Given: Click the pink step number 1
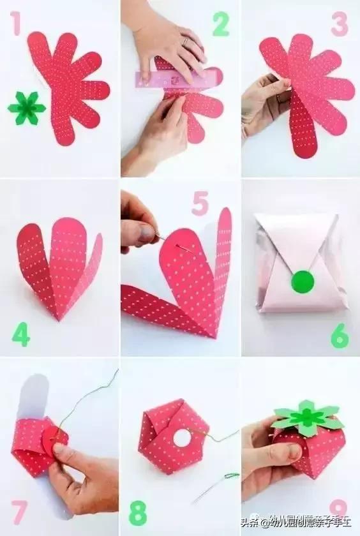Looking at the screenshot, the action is click(15, 23).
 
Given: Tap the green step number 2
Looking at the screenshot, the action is click(220, 24).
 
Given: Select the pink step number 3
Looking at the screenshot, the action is click(340, 24).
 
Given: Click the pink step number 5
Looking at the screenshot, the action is click(200, 203).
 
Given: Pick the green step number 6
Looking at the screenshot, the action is click(340, 336).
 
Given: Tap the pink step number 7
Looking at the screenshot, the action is click(19, 512).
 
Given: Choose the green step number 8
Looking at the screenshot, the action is click(138, 513).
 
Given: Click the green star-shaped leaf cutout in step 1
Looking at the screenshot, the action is click(27, 108).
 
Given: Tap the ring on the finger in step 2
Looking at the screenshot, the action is click(185, 41).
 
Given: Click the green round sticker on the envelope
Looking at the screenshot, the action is click(303, 281).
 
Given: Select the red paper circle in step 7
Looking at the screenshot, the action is click(54, 436).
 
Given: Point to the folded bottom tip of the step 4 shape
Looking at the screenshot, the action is click(59, 318).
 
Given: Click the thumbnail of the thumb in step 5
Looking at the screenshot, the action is click(147, 232).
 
